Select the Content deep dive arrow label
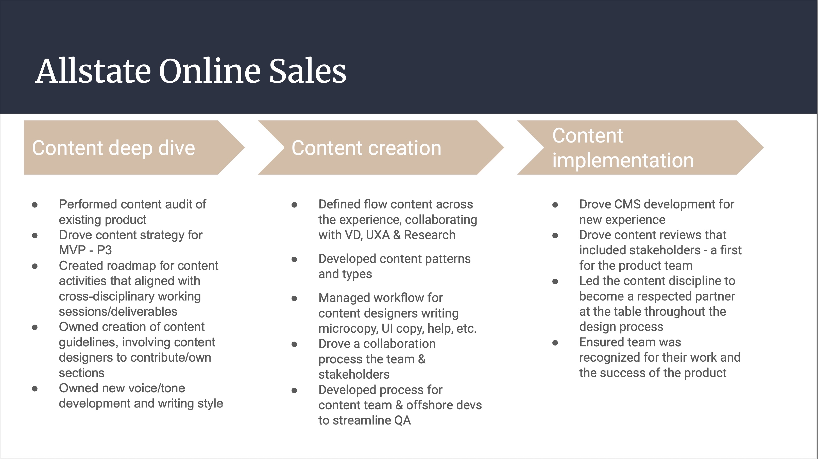click(113, 148)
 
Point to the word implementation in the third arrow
click(623, 160)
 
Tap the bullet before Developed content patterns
click(294, 260)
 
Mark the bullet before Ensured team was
click(555, 343)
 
